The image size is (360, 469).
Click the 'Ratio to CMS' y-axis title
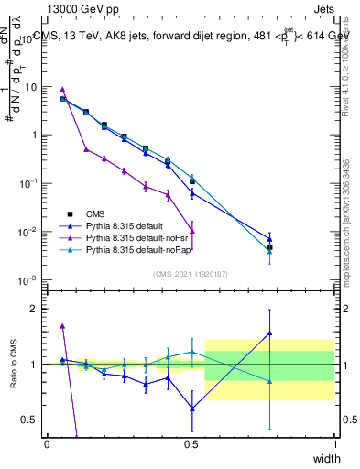point(12,366)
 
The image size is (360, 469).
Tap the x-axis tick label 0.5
point(191,443)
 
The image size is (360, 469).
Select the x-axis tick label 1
point(334,443)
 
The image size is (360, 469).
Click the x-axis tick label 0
point(47,443)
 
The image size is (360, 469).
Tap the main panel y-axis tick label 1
point(34,136)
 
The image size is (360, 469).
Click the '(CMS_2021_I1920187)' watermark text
point(190,272)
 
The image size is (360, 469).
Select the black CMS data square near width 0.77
point(269,247)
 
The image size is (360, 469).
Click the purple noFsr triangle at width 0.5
point(191,231)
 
